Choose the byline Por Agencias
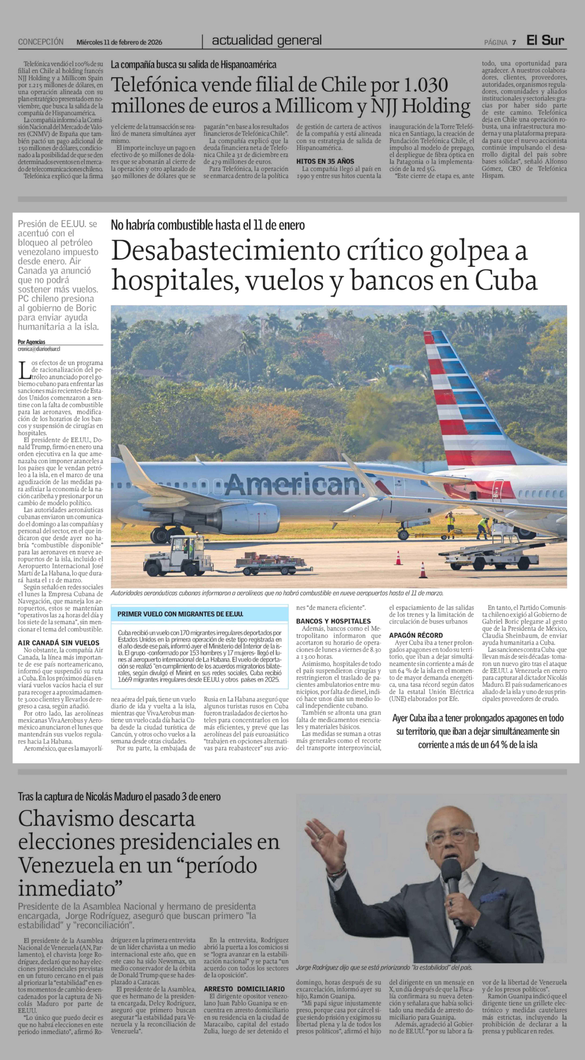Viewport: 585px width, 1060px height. (x=32, y=342)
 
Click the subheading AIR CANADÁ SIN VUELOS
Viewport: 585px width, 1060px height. (x=58, y=643)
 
